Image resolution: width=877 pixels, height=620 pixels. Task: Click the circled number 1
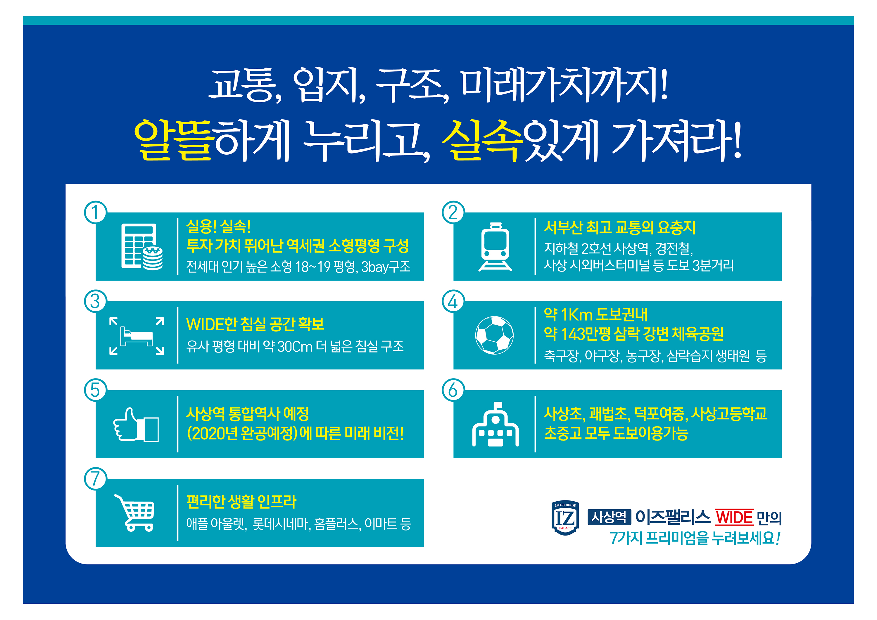point(95,213)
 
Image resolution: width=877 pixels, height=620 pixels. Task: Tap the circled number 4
point(453,301)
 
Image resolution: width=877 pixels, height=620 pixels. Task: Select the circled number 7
point(95,479)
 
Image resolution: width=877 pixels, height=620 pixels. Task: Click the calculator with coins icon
point(142,247)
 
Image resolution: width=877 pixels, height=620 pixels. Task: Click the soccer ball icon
point(494,335)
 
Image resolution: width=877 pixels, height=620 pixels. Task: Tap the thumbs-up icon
point(136,424)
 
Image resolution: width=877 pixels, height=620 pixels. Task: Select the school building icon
point(496,424)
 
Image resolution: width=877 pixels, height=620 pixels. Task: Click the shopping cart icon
point(134,513)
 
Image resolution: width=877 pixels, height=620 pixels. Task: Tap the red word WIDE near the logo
point(733,518)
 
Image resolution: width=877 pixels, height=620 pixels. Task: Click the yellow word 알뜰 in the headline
point(173,139)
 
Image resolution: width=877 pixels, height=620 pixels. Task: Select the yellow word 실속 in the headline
point(482,139)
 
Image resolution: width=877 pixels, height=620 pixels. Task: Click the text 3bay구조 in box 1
point(386,266)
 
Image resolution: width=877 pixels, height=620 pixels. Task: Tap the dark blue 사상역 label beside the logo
point(609,517)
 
